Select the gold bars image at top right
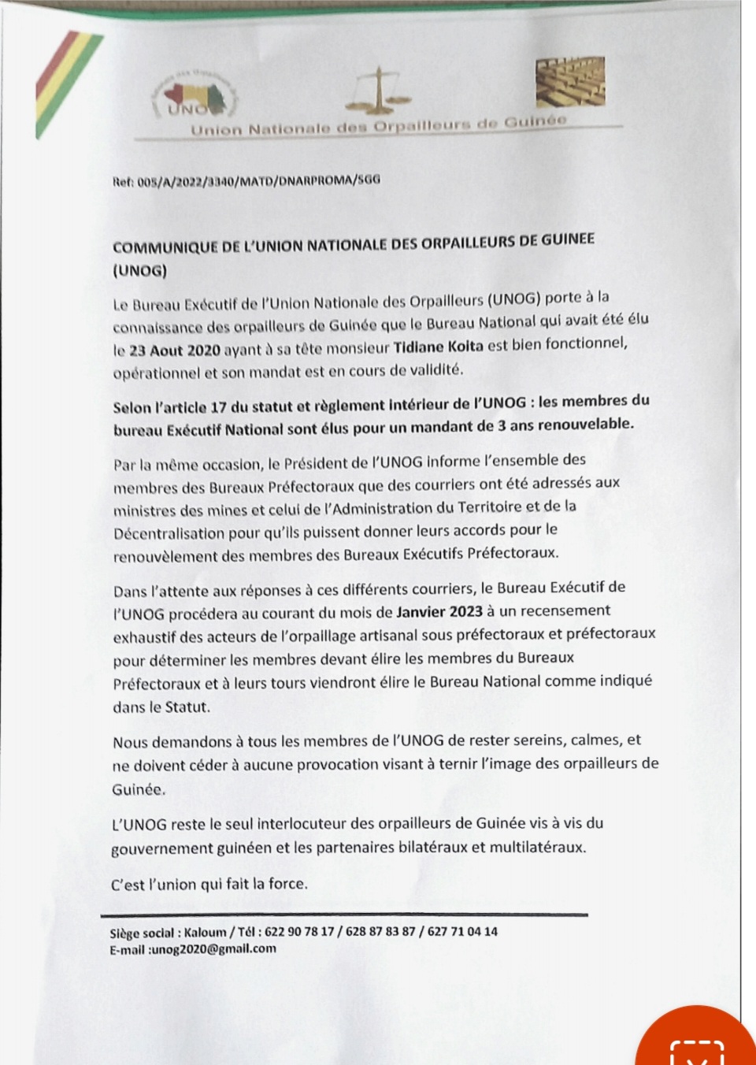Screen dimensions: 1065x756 [x=571, y=82]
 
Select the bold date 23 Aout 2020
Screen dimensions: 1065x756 [x=174, y=351]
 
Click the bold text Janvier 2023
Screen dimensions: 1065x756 [x=439, y=611]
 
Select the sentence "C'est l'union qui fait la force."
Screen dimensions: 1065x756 [x=209, y=884]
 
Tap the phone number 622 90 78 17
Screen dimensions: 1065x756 [x=299, y=932]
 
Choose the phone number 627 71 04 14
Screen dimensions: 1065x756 [x=462, y=931]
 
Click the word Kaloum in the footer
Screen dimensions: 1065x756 [x=205, y=932]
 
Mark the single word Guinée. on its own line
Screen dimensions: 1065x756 [x=139, y=789]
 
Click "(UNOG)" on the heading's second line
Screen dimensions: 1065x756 [x=139, y=270]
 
